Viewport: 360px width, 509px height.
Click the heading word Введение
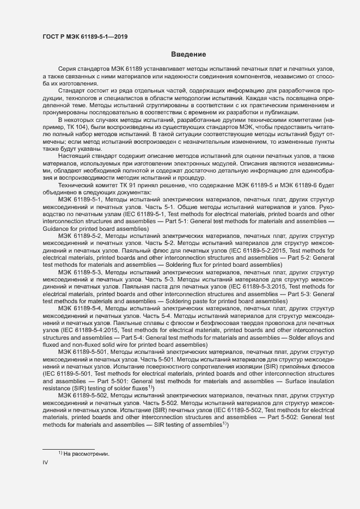point(188,54)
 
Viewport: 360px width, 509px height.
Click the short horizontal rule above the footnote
point(69,449)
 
